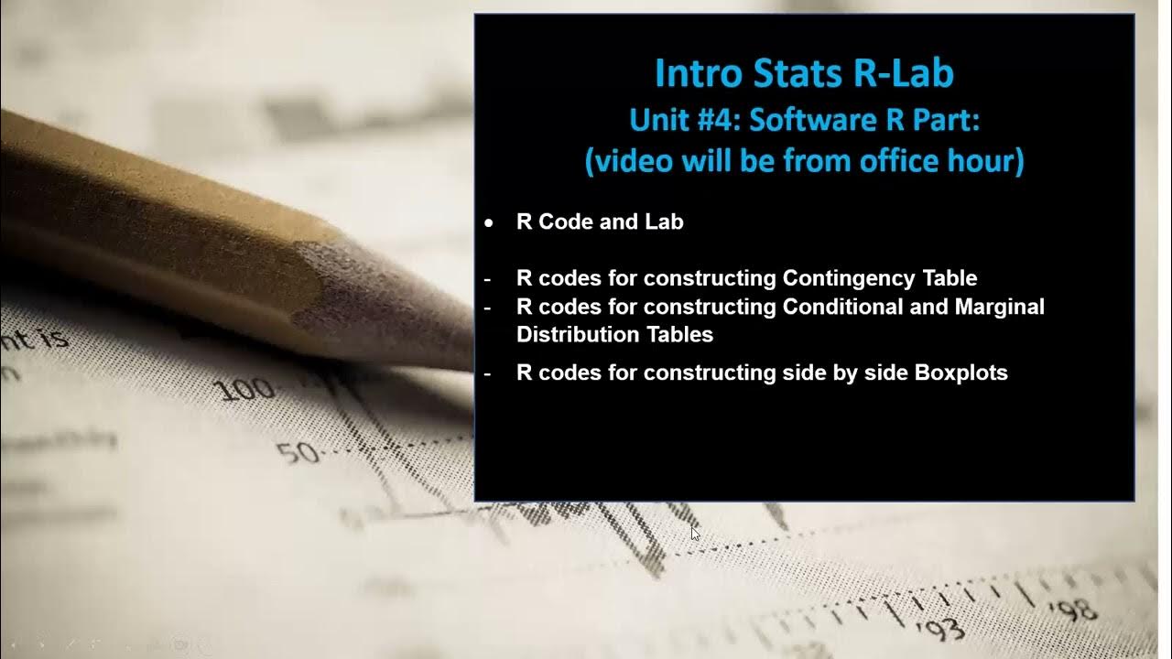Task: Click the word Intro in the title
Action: click(693, 74)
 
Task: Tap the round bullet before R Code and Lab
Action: click(489, 223)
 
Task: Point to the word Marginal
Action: click(999, 307)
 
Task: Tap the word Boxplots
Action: click(961, 373)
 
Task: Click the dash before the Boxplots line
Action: click(487, 373)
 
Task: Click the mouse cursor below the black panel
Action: click(695, 533)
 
